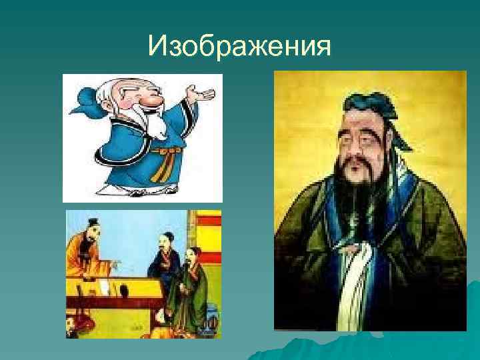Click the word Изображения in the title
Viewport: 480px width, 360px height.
pyautogui.click(x=240, y=47)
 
